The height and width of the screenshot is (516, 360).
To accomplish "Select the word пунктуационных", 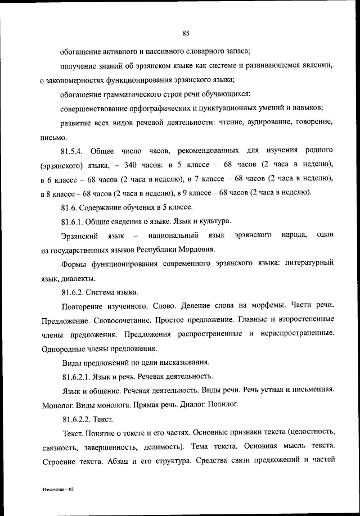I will [222, 107].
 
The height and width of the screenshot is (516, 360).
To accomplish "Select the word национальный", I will [175, 234].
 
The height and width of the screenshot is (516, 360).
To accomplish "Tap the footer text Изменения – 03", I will [58, 490].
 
